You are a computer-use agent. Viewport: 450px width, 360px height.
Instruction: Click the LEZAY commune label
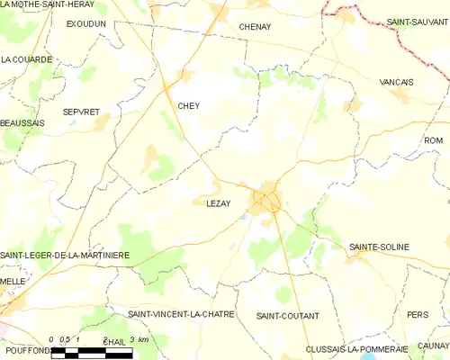tap(206, 203)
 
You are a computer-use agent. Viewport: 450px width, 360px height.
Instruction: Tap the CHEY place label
tap(188, 105)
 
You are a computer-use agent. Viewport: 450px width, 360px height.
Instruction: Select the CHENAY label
tap(255, 27)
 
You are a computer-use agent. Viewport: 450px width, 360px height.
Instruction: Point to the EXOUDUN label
tap(86, 23)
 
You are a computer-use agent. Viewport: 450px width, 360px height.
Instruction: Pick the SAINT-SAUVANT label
tap(418, 21)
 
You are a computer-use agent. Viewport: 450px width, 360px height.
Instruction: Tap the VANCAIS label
tap(397, 82)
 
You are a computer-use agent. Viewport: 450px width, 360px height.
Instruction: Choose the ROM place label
tap(434, 140)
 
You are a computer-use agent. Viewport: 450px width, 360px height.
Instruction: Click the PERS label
tap(417, 315)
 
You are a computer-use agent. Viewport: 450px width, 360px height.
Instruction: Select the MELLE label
tap(12, 282)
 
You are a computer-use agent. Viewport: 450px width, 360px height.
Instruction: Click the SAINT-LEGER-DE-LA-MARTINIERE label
tap(65, 255)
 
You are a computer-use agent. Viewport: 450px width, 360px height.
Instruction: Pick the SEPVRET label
tap(80, 111)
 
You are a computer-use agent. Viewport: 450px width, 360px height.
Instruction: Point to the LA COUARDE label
tap(26, 59)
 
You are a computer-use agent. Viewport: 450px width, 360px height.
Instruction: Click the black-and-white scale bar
tap(92, 353)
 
